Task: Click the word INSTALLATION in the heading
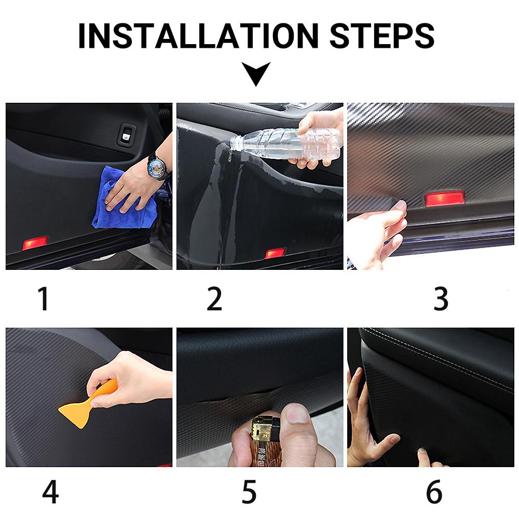[198, 36]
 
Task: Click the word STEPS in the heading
[382, 36]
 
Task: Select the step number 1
[44, 298]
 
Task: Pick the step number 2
[214, 298]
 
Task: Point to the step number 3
[441, 298]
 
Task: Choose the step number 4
[50, 491]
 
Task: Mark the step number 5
[249, 492]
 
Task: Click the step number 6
[434, 491]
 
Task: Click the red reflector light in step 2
[275, 253]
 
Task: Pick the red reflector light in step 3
[445, 199]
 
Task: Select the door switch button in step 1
[126, 135]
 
